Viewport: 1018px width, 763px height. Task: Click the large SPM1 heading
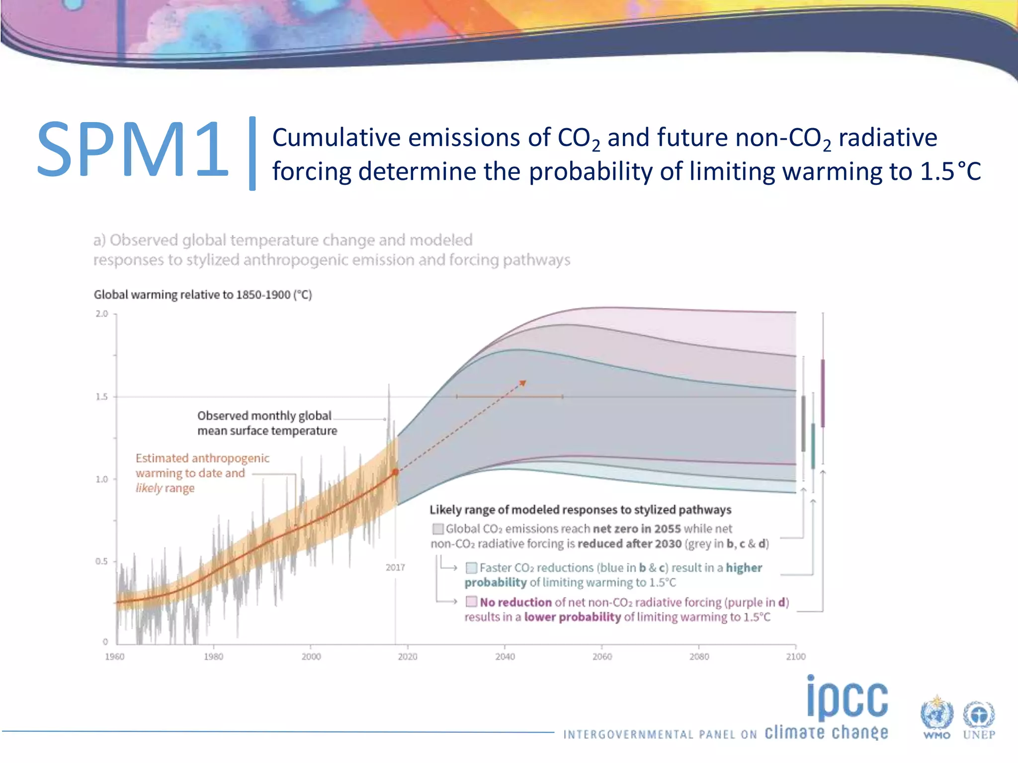tap(132, 150)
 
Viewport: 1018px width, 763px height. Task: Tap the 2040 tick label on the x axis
tap(505, 657)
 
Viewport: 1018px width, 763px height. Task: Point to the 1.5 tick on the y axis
tap(101, 396)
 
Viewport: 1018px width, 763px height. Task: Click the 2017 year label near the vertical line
tap(395, 567)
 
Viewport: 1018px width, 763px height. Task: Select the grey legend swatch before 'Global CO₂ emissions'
tap(437, 529)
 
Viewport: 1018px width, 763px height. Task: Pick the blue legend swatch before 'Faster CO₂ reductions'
tap(471, 567)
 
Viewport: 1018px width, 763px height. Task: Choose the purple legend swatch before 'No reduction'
tap(471, 602)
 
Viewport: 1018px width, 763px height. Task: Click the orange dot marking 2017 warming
tap(396, 472)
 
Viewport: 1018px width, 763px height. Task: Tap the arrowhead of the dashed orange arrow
tap(523, 382)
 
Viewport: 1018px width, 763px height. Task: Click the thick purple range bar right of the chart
tap(823, 392)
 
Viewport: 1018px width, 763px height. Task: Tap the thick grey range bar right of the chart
tap(803, 423)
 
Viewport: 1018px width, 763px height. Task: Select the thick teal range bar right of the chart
tap(813, 446)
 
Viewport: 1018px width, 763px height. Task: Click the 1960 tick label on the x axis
tap(114, 657)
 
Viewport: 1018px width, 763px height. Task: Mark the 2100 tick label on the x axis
tap(795, 657)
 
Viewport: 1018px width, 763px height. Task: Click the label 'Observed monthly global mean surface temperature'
tap(267, 423)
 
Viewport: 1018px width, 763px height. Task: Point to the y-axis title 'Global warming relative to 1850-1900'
tap(203, 295)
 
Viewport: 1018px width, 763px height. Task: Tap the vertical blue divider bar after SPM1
tap(253, 153)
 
